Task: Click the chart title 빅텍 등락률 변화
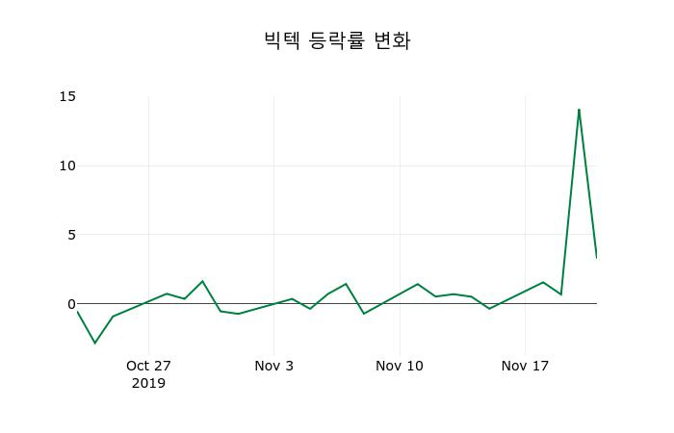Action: click(x=337, y=40)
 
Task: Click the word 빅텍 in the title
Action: click(x=282, y=40)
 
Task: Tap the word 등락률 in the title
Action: click(x=337, y=40)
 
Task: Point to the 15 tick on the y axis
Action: click(x=67, y=96)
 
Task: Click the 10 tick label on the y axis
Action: click(x=67, y=166)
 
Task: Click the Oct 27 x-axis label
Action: click(x=148, y=366)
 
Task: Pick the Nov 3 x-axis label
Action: click(x=273, y=366)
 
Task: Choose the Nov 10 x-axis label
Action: click(x=400, y=366)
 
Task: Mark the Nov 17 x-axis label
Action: click(x=525, y=366)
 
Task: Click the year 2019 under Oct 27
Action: click(x=148, y=383)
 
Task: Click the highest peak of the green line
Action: click(x=579, y=110)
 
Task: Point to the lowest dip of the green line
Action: click(x=94, y=343)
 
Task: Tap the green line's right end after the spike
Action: click(x=596, y=257)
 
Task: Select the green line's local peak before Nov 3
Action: click(x=202, y=281)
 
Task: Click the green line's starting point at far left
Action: click(x=77, y=311)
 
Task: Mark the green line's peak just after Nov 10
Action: click(x=418, y=284)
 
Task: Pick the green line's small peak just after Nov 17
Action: click(x=543, y=282)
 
